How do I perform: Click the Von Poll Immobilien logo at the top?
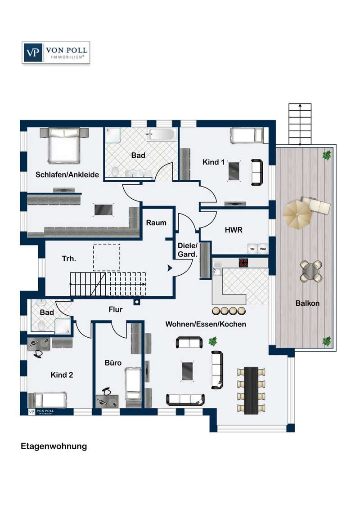pos(56,52)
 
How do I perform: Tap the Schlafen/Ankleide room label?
pos(67,174)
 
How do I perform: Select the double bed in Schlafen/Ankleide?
pos(64,145)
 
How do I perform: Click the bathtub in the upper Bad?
pos(162,135)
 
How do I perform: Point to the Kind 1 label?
pos(213,162)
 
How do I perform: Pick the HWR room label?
pos(234,230)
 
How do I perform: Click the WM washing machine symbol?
pos(263,249)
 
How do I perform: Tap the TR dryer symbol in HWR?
pos(252,249)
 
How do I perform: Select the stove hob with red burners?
pos(243,262)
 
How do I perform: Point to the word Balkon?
pos(307,303)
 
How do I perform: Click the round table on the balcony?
pos(311,272)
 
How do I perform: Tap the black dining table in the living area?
pos(251,390)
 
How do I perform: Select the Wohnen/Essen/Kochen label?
pos(206,324)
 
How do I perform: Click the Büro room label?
pos(113,362)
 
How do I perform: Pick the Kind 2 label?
pos(62,375)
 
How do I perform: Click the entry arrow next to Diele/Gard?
pos(170,268)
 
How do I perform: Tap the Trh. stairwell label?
pos(69,259)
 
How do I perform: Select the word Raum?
pos(156,223)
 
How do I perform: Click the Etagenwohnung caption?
pos(54,446)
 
